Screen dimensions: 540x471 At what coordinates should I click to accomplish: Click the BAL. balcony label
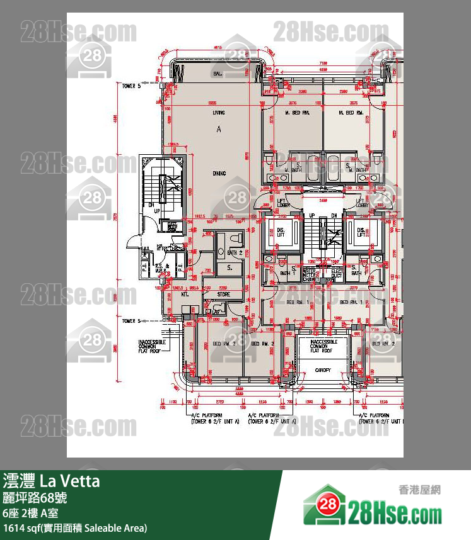pyautogui.click(x=218, y=74)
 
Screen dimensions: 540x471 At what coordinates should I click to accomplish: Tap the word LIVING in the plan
pyautogui.click(x=219, y=113)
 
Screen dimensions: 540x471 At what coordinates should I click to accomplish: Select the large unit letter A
pyautogui.click(x=219, y=130)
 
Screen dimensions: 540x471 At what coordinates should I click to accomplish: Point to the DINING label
pyautogui.click(x=219, y=173)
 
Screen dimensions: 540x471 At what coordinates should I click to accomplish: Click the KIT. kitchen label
pyautogui.click(x=168, y=294)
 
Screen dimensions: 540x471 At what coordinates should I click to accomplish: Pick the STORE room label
pyautogui.click(x=224, y=294)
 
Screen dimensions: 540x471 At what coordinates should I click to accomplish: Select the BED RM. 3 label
pyautogui.click(x=224, y=344)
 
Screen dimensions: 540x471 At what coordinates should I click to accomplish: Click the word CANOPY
pyautogui.click(x=323, y=370)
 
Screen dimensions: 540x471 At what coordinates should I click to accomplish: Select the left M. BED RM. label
pyautogui.click(x=296, y=113)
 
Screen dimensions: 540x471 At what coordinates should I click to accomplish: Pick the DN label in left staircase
pyautogui.click(x=151, y=204)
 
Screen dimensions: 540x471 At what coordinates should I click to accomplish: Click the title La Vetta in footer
pyautogui.click(x=69, y=481)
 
